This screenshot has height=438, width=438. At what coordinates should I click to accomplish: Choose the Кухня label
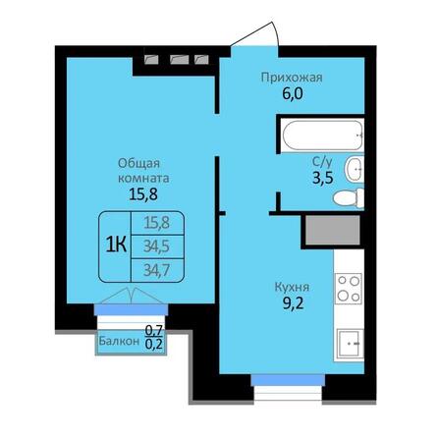(x=291, y=289)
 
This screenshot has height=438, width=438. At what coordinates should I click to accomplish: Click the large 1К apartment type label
(x=116, y=244)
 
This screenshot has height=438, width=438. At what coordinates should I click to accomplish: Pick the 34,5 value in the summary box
(x=152, y=244)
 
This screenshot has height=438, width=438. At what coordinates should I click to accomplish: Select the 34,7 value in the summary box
(x=152, y=265)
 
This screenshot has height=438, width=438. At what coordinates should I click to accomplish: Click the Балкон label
(x=118, y=343)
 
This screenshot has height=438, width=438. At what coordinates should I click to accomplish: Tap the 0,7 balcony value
(x=154, y=332)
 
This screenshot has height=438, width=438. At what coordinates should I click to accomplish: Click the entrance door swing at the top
(x=253, y=37)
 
